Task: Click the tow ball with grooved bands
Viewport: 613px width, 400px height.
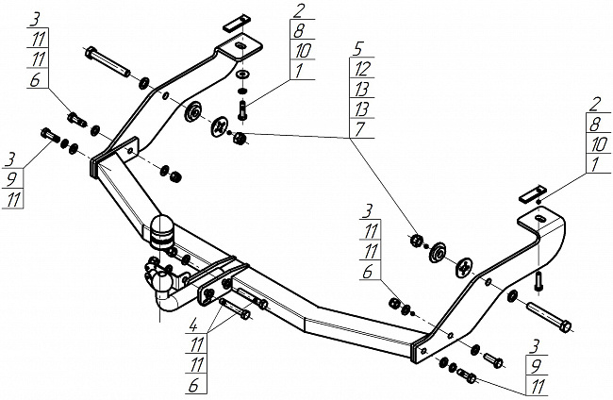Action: (x=161, y=232)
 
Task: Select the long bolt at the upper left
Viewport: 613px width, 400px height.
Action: (x=107, y=61)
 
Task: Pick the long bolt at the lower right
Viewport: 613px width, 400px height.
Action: (x=549, y=317)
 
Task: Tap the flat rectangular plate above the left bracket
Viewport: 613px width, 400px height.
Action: (x=236, y=24)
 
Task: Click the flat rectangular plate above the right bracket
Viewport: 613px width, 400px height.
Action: (x=532, y=193)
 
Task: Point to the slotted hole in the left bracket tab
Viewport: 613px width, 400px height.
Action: (x=240, y=46)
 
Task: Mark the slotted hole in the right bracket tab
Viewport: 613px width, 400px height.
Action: (x=538, y=218)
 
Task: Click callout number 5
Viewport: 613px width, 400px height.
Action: (x=358, y=49)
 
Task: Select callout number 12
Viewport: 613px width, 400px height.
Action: (x=362, y=69)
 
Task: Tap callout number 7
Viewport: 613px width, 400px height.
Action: (x=359, y=129)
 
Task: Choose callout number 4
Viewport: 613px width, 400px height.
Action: (x=192, y=325)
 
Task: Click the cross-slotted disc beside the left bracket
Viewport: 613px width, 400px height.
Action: (x=220, y=126)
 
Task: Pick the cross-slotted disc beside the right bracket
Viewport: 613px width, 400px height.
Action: (x=464, y=268)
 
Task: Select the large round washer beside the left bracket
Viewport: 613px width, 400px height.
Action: (x=192, y=112)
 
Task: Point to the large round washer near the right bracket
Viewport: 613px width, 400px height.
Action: (x=438, y=253)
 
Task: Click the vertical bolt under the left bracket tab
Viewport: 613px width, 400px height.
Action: (x=241, y=110)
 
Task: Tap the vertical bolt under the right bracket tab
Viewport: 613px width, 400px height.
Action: (x=539, y=281)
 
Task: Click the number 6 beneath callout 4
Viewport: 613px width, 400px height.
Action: (x=193, y=386)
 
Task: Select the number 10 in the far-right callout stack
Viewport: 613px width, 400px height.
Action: (x=599, y=144)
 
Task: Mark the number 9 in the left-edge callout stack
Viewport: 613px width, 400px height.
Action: (x=11, y=179)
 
